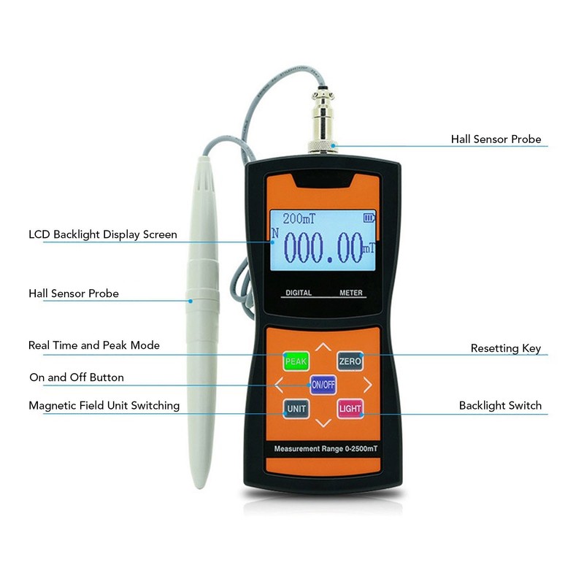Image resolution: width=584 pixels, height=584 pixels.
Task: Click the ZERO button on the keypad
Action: click(349, 361)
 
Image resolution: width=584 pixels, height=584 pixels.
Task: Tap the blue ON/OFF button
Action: click(323, 384)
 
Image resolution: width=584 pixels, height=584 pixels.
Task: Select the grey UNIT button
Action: click(296, 408)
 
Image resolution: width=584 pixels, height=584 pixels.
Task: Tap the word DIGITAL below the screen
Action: click(298, 293)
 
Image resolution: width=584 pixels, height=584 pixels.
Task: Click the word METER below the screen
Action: click(350, 293)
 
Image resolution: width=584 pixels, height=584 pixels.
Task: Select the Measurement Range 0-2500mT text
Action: click(323, 447)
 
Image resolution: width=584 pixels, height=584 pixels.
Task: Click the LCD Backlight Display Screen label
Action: click(102, 234)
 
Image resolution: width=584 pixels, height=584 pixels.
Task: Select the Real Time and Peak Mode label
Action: click(93, 345)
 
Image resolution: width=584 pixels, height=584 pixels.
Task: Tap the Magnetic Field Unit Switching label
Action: click(104, 405)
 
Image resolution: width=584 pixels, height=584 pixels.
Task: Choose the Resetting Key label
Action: click(505, 348)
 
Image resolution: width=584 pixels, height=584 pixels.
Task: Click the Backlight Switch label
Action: click(500, 405)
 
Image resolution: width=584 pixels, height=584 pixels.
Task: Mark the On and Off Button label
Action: click(76, 377)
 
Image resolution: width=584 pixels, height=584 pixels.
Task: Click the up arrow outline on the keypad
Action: click(323, 347)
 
